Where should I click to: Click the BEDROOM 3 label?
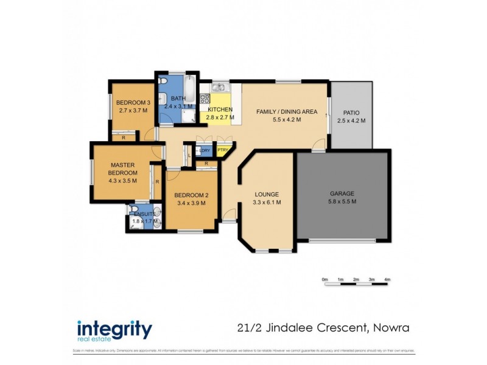coord(133,102)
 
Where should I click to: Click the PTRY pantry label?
coord(223,150)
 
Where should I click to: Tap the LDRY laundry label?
coord(205,150)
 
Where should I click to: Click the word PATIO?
coord(351,113)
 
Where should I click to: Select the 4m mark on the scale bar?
coord(387,279)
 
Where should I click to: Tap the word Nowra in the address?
coord(389,328)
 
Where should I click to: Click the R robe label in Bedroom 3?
coord(124,137)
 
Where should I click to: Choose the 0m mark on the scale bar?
coord(324,279)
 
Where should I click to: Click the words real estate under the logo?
coord(96,339)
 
